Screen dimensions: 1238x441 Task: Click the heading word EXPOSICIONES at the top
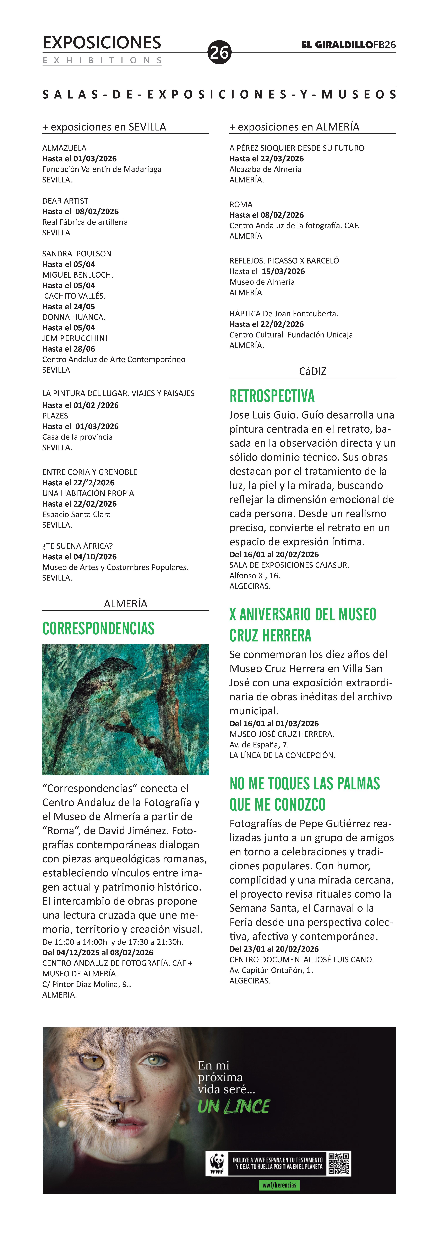[x=102, y=43]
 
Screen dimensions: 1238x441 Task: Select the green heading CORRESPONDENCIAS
[x=98, y=629]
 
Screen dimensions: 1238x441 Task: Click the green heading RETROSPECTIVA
[x=272, y=396]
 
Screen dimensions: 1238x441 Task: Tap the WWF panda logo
[x=217, y=1164]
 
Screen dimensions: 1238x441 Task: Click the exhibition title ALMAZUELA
[x=64, y=148]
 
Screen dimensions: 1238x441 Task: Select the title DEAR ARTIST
[x=65, y=201]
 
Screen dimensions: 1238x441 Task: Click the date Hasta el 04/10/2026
[x=79, y=556]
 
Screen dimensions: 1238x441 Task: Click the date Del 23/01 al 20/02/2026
[x=274, y=949]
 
